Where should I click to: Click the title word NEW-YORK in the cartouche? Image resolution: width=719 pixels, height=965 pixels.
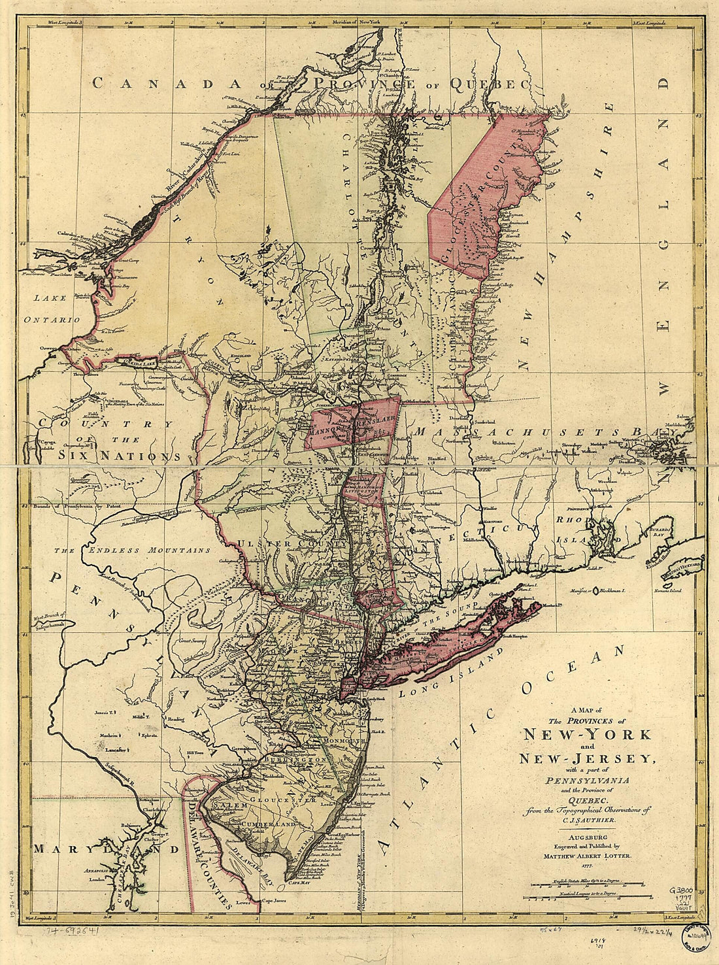click(x=586, y=734)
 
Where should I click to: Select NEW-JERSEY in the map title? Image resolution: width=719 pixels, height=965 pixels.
click(x=586, y=758)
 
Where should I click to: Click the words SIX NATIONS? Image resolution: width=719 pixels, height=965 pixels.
click(x=118, y=456)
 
